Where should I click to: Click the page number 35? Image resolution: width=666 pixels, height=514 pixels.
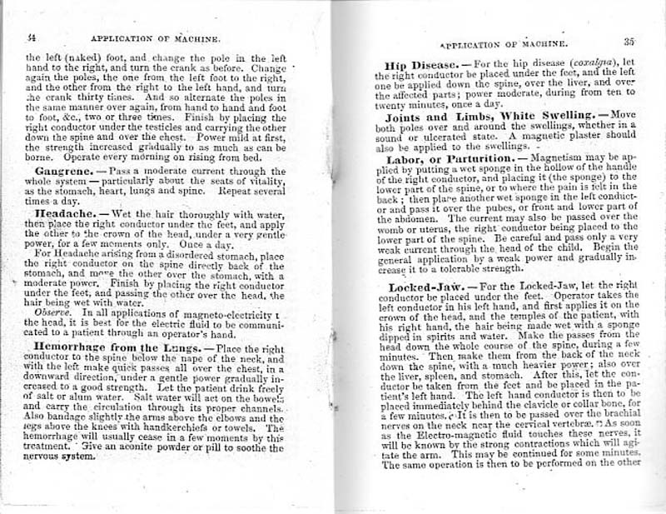click(629, 39)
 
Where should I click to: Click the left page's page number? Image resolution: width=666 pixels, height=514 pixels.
click(31, 37)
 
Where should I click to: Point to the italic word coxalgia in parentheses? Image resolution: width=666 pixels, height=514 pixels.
click(585, 65)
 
